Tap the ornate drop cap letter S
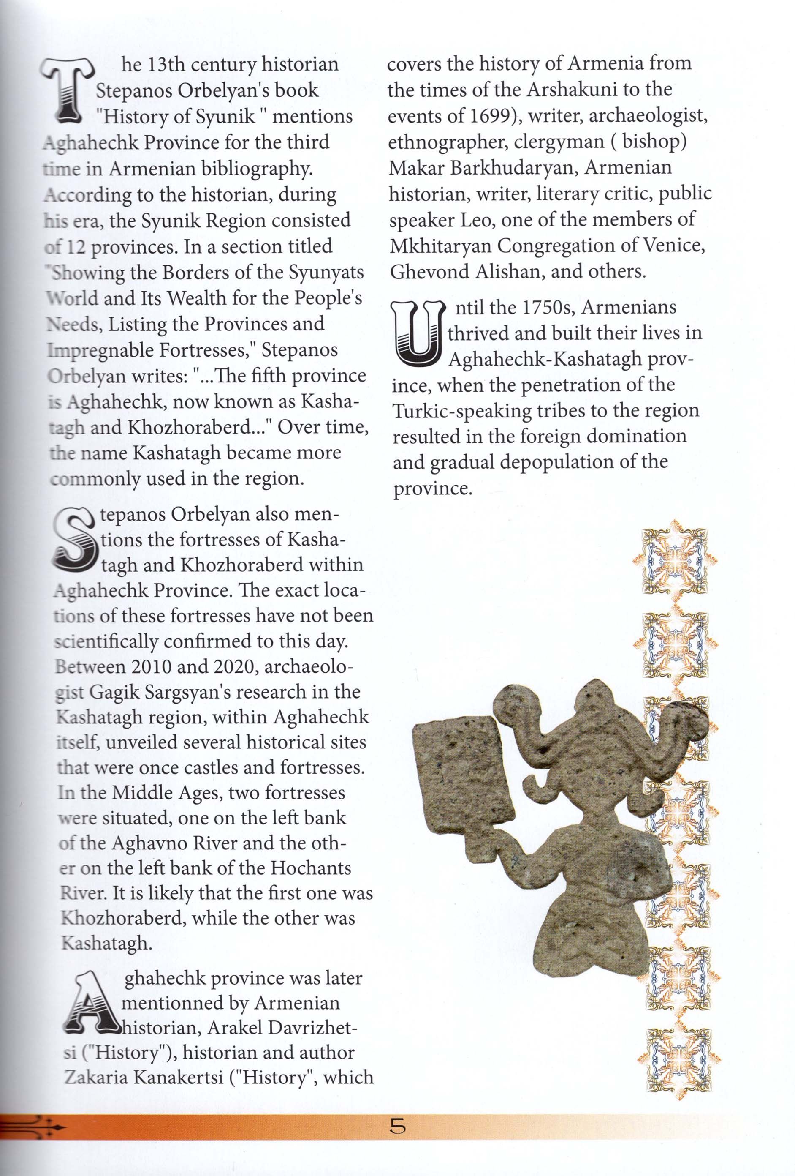(73, 538)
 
